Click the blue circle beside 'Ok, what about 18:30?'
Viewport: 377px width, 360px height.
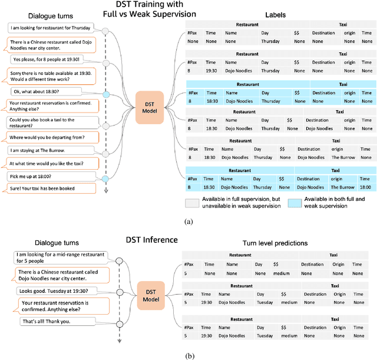click(106, 95)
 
